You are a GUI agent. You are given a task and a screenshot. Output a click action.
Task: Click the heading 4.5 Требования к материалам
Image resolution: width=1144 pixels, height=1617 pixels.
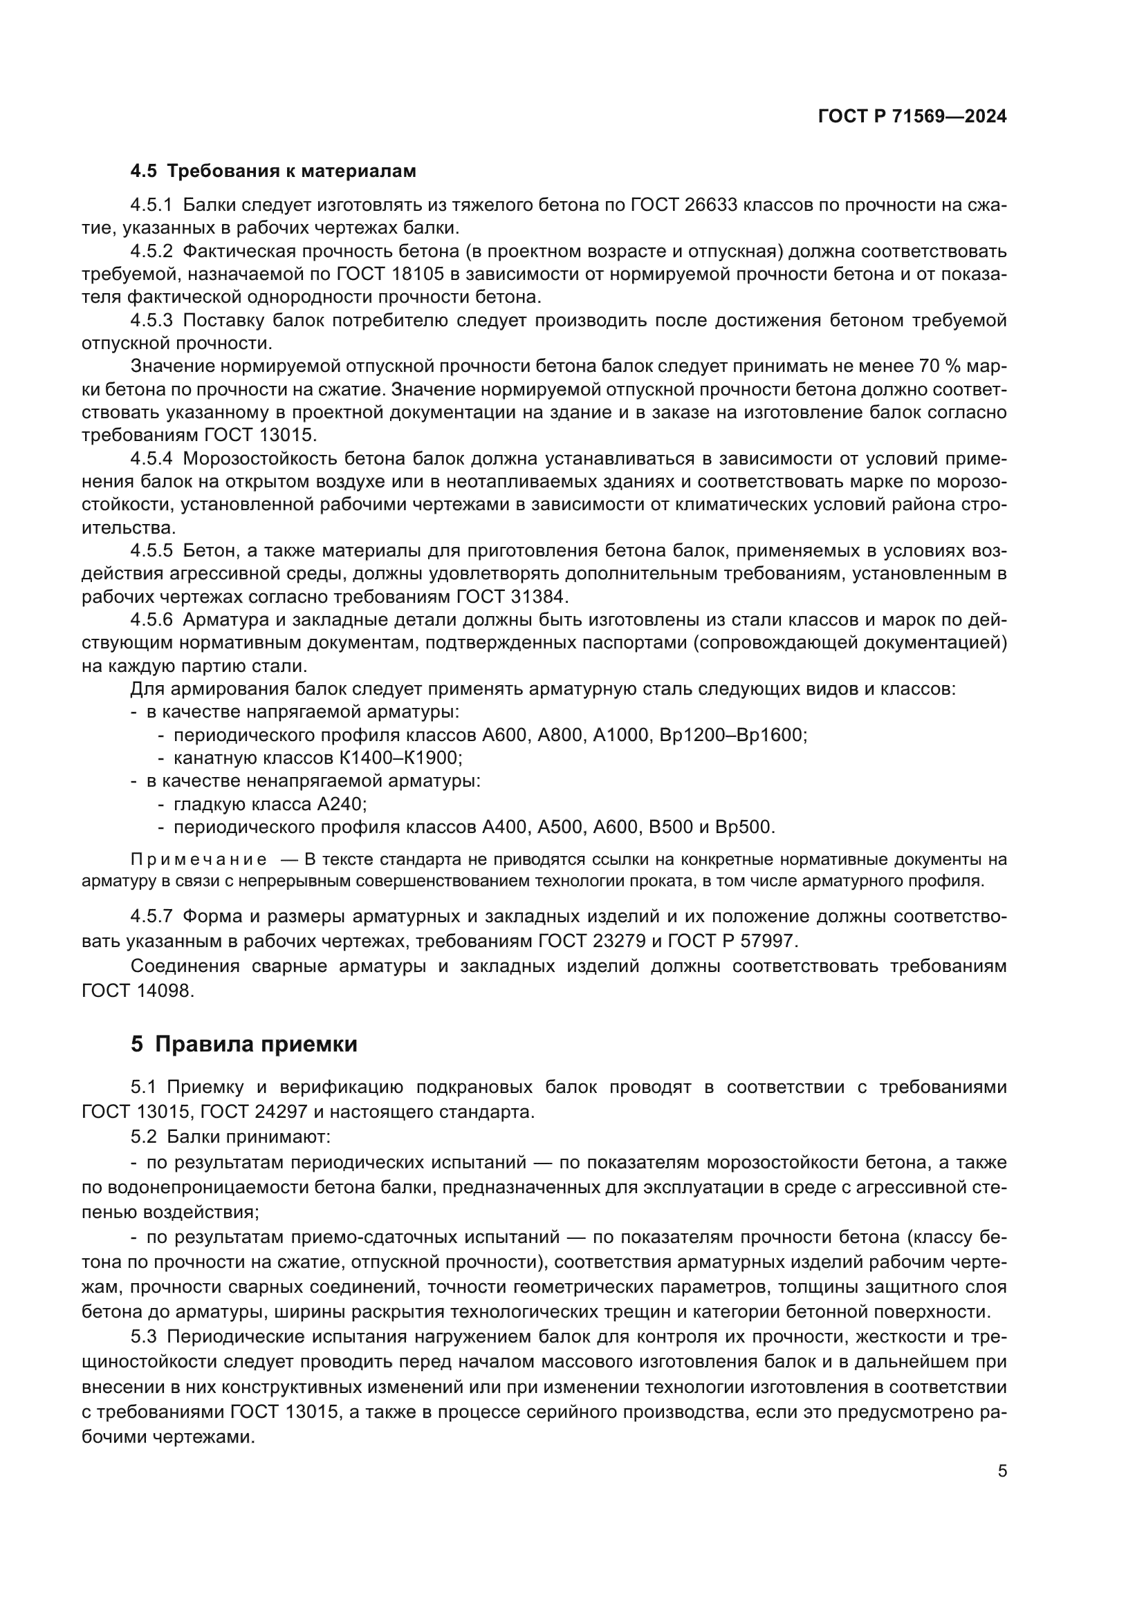[x=273, y=171]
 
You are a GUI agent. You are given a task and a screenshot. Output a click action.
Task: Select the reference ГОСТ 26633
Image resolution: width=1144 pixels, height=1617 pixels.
[x=683, y=205]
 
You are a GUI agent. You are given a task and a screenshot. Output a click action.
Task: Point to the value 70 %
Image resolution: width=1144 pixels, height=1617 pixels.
[x=940, y=366]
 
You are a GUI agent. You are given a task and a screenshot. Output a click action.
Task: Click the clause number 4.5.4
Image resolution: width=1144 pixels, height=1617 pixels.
[x=151, y=458]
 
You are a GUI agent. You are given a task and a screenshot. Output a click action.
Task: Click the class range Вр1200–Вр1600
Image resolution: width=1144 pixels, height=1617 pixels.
[x=732, y=735]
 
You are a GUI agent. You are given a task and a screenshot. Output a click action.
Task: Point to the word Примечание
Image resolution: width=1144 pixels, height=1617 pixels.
[x=199, y=859]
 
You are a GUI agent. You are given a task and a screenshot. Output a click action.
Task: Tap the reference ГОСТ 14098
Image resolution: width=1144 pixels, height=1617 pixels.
[x=136, y=990]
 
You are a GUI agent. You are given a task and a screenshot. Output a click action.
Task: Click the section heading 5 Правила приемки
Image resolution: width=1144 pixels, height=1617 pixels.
[x=243, y=1045]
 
